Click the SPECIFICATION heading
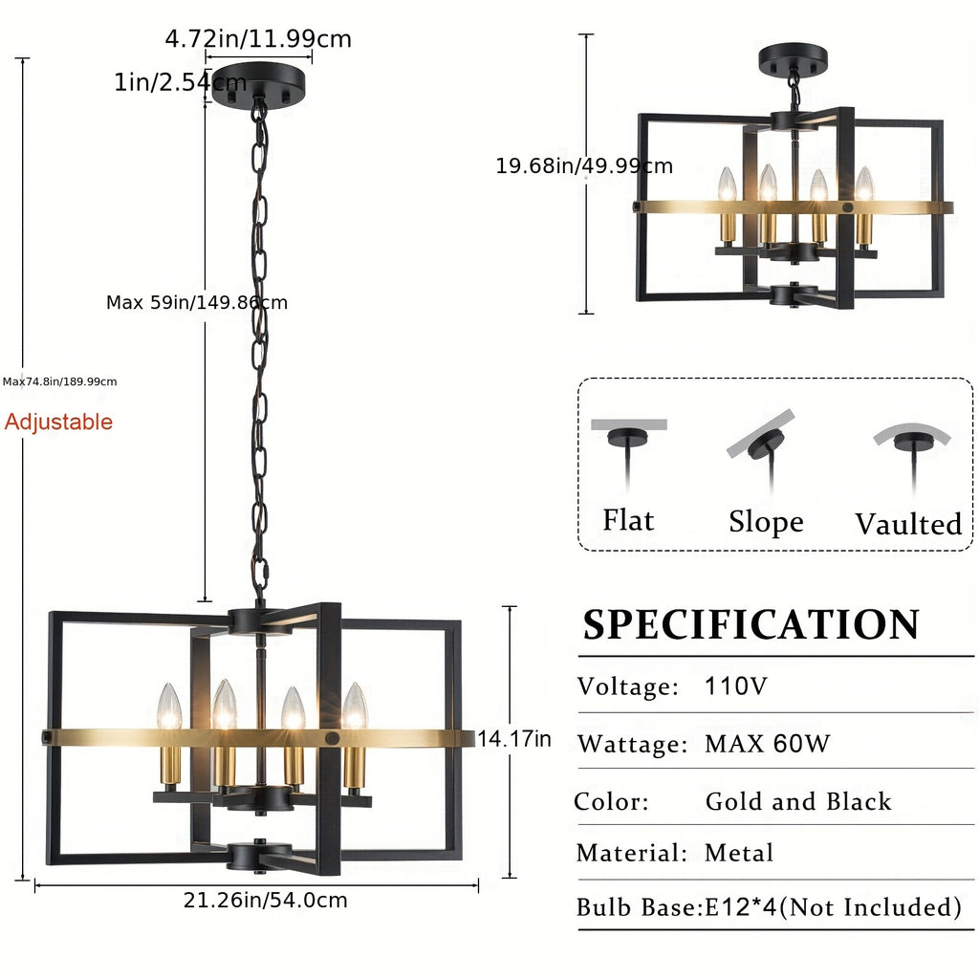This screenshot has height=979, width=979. [x=751, y=623]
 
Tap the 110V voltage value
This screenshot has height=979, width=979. [x=735, y=686]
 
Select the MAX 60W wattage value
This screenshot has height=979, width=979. [x=768, y=744]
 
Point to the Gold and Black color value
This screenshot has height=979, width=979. [x=798, y=801]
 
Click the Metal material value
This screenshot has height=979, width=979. [x=739, y=852]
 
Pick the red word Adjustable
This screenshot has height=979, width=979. [x=58, y=422]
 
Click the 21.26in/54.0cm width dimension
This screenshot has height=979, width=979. [x=266, y=900]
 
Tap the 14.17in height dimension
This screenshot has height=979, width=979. [x=514, y=739]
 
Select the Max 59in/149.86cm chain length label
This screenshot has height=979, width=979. [x=197, y=302]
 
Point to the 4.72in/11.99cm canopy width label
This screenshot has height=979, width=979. [x=258, y=38]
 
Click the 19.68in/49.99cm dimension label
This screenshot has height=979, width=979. [x=584, y=165]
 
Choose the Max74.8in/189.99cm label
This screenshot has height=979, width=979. [x=60, y=381]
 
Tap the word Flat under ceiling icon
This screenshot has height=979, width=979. [x=628, y=520]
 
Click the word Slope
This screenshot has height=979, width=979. [x=766, y=521]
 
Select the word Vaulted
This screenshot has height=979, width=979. [x=908, y=524]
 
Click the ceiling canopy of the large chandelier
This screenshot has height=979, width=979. [x=258, y=84]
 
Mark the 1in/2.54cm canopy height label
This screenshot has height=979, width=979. [x=180, y=82]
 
